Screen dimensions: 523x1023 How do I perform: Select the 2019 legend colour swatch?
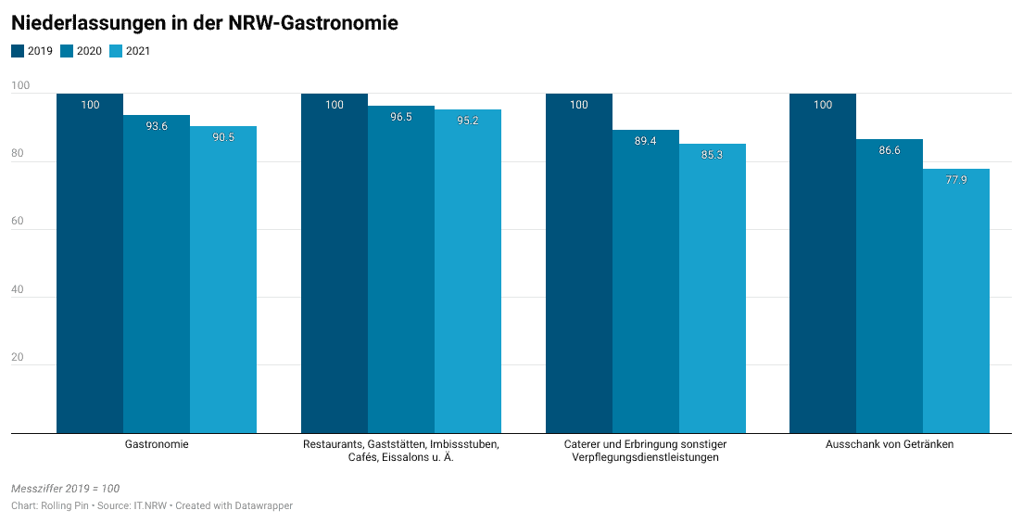[17, 51]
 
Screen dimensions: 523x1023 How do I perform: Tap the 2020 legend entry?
[82, 51]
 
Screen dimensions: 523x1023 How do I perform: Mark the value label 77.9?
[956, 180]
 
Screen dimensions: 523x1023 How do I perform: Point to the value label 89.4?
[645, 141]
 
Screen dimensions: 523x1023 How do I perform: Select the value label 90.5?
[223, 137]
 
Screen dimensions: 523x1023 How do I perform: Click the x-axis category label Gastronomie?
[157, 444]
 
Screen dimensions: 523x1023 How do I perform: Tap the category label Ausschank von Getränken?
[890, 444]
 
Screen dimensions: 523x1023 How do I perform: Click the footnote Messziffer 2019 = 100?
[65, 489]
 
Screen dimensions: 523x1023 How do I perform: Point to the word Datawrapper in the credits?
[262, 505]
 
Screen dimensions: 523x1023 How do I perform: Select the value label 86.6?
[890, 150]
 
